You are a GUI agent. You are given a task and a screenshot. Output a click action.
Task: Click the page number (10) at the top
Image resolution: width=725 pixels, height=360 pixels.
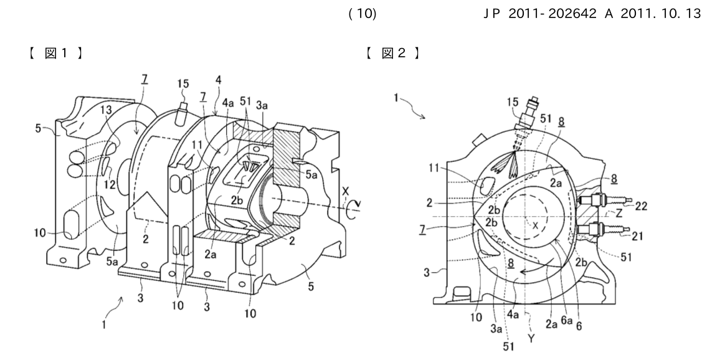[362, 14]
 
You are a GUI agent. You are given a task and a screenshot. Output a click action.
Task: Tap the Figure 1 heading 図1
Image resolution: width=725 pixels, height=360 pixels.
[56, 53]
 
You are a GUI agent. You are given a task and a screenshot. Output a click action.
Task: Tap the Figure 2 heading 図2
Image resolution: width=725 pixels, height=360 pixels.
[394, 53]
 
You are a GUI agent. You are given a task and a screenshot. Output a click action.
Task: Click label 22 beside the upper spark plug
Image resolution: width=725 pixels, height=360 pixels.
[641, 207]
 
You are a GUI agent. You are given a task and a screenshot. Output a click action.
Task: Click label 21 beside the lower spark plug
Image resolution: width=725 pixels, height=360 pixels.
[638, 237]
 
